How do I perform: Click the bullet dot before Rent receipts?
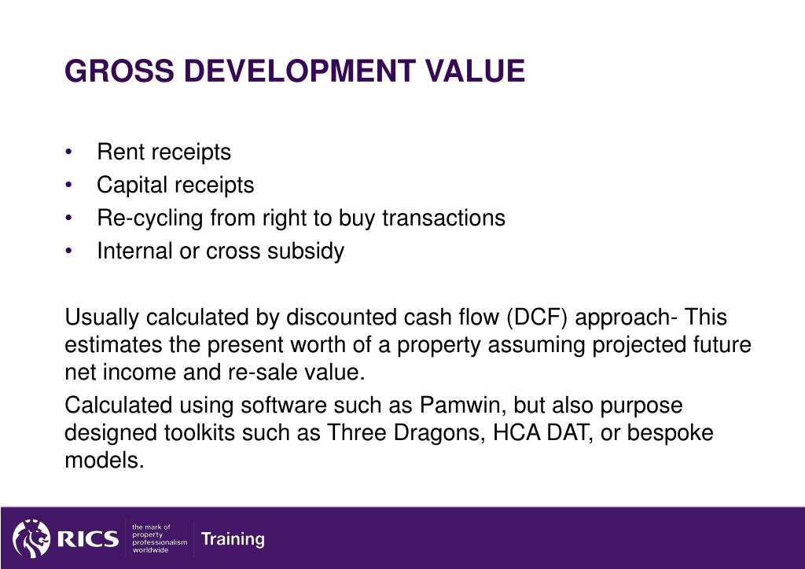pyautogui.click(x=70, y=152)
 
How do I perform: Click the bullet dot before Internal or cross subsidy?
pyautogui.click(x=70, y=251)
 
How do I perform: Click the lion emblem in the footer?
pyautogui.click(x=31, y=538)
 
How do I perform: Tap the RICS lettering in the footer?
pyautogui.click(x=87, y=539)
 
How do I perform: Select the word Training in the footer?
pyautogui.click(x=233, y=539)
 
